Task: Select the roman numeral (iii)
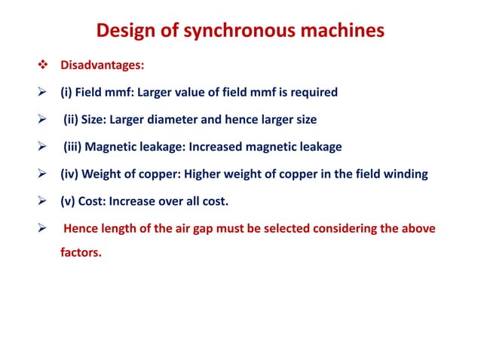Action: [x=75, y=147]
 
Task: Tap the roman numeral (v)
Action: [x=71, y=201]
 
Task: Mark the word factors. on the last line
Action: [x=81, y=253]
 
